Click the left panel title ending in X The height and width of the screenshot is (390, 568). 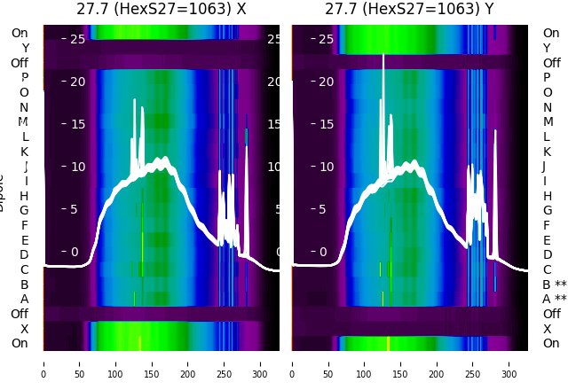(x=161, y=10)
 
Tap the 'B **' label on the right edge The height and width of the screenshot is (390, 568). (x=554, y=285)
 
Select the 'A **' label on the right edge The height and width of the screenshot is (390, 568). (x=554, y=300)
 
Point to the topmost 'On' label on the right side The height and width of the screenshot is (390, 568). (x=551, y=33)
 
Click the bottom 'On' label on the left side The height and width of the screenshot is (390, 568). (x=20, y=343)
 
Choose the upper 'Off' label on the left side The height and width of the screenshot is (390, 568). (x=20, y=63)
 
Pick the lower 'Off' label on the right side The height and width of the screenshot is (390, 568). (x=551, y=314)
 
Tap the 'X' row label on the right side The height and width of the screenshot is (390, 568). (x=547, y=329)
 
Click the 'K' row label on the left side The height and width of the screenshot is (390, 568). (x=25, y=152)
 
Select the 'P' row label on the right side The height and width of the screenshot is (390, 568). (x=547, y=78)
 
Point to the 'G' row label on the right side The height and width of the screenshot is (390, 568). (x=547, y=210)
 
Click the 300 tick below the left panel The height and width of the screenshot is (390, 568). (x=261, y=363)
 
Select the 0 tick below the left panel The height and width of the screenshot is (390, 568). (x=43, y=363)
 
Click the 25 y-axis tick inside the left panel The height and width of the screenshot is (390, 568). (x=77, y=39)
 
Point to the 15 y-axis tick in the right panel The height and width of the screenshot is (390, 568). (x=327, y=124)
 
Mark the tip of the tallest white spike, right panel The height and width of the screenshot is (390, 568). (x=383, y=55)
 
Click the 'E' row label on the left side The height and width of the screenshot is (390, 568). (x=25, y=240)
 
